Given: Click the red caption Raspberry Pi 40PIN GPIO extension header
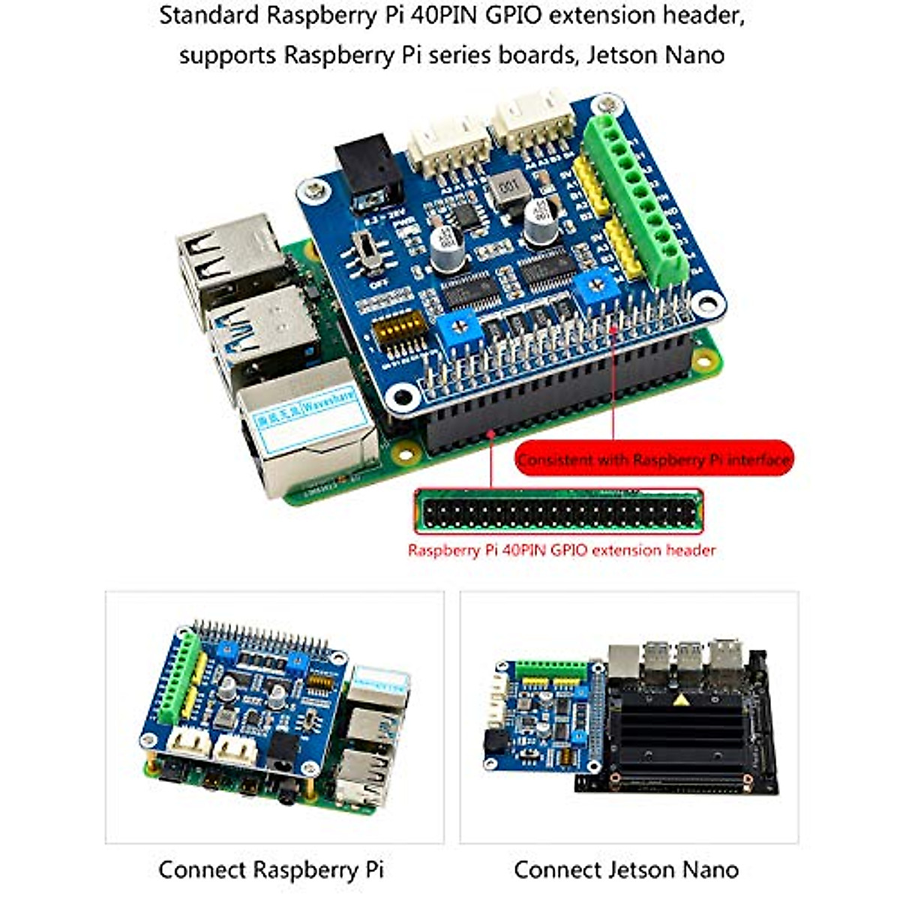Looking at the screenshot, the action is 561,550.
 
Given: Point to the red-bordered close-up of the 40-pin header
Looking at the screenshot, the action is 559,511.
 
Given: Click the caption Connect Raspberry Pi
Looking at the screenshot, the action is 271,870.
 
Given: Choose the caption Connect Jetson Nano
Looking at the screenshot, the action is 626,870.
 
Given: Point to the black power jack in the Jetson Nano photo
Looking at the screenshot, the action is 496,742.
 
